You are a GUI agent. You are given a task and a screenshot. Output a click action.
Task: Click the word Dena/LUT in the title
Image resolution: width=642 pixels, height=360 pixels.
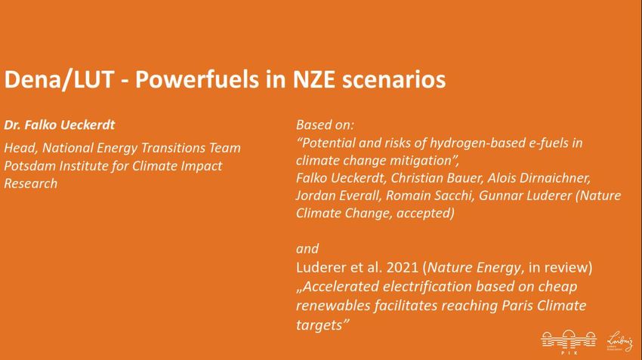[x=59, y=80]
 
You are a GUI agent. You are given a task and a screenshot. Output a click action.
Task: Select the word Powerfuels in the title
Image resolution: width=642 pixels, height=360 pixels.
[x=197, y=79]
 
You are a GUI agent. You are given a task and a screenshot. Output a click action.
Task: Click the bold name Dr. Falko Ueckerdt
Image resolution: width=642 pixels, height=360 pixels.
[x=60, y=125]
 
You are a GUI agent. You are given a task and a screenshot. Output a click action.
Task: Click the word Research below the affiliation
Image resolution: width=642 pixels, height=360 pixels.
[x=31, y=183]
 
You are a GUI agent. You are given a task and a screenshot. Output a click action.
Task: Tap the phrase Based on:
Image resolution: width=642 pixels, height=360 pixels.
[x=325, y=125]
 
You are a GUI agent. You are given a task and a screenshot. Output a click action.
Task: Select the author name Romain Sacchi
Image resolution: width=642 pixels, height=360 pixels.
[x=430, y=195]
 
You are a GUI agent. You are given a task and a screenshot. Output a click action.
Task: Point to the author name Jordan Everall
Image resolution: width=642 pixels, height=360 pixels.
[x=338, y=195]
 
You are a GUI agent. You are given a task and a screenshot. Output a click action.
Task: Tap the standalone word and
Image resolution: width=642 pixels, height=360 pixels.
[x=307, y=249]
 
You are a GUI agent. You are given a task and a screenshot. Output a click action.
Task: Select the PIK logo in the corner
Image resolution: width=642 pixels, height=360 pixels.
[x=569, y=341]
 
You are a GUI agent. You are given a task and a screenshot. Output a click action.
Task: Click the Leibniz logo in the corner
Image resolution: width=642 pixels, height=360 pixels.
[x=620, y=341]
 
